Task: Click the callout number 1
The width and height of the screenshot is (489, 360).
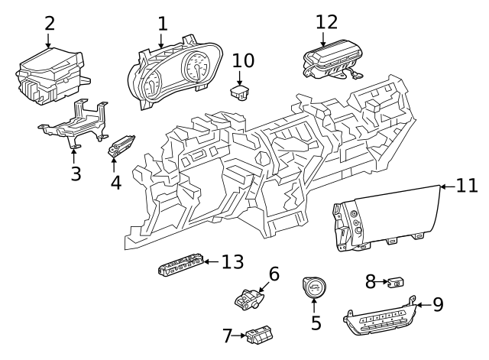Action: [x=162, y=24]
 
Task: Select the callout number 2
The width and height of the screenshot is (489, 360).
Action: [x=50, y=23]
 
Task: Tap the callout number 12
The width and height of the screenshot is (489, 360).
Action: [x=326, y=22]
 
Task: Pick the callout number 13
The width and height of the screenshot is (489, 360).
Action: [x=232, y=262]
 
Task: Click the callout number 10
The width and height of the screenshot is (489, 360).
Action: [x=243, y=60]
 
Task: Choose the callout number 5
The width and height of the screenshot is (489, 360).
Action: [x=316, y=322]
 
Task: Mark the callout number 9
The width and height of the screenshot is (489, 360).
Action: [x=438, y=305]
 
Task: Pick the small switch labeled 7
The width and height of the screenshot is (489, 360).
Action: [x=260, y=334]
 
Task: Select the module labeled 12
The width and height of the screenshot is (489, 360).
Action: [x=329, y=61]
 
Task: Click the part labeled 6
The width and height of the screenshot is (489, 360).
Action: [x=249, y=297]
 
